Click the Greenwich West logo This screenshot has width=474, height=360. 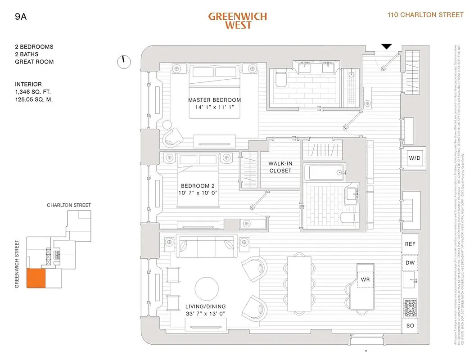[237, 20]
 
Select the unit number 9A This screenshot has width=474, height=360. [21, 18]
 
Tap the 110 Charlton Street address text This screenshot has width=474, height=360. [425, 15]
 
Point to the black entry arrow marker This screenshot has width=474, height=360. [387, 46]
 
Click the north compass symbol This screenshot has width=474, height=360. [124, 62]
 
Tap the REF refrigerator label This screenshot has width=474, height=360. [410, 244]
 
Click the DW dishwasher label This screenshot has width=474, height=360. [410, 263]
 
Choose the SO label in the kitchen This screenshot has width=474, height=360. [410, 325]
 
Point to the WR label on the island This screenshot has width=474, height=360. [365, 279]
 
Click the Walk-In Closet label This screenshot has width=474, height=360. [280, 167]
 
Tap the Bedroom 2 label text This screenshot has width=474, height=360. [195, 186]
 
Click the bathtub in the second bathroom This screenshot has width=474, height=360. [323, 173]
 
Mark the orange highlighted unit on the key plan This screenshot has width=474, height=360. [36, 278]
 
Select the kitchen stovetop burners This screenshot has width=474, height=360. [410, 306]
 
